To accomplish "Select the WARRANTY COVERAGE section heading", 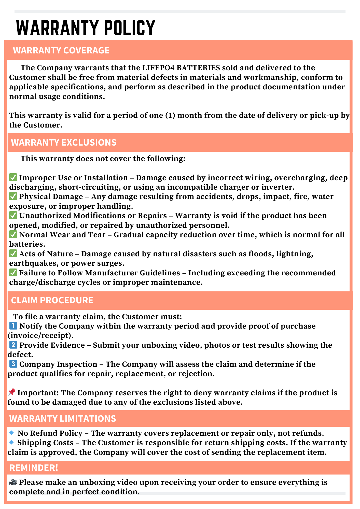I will (x=61, y=50).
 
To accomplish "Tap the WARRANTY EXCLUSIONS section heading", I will (x=64, y=143).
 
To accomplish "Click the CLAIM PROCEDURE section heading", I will (x=52, y=300).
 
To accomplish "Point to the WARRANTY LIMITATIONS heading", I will (x=63, y=419).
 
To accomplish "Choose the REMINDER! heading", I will (x=34, y=468).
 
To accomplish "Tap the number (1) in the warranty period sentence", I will (x=170, y=116).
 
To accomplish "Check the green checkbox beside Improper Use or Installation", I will (x=13, y=177).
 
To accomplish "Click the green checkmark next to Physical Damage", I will (x=13, y=196).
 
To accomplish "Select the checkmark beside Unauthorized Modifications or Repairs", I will (x=13, y=215).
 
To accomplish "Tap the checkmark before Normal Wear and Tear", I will (x=13, y=234).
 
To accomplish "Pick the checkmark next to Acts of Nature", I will (x=13, y=253).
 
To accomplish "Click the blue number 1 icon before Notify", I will (x=13, y=326).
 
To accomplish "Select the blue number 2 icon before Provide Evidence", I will (x=13, y=345).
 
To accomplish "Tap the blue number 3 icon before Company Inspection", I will (x=13, y=364).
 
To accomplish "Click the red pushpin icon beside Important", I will (x=12, y=392).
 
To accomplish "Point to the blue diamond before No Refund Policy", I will (x=11, y=433).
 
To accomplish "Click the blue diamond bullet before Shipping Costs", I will (x=11, y=443).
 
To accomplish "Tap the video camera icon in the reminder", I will (x=13, y=482).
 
